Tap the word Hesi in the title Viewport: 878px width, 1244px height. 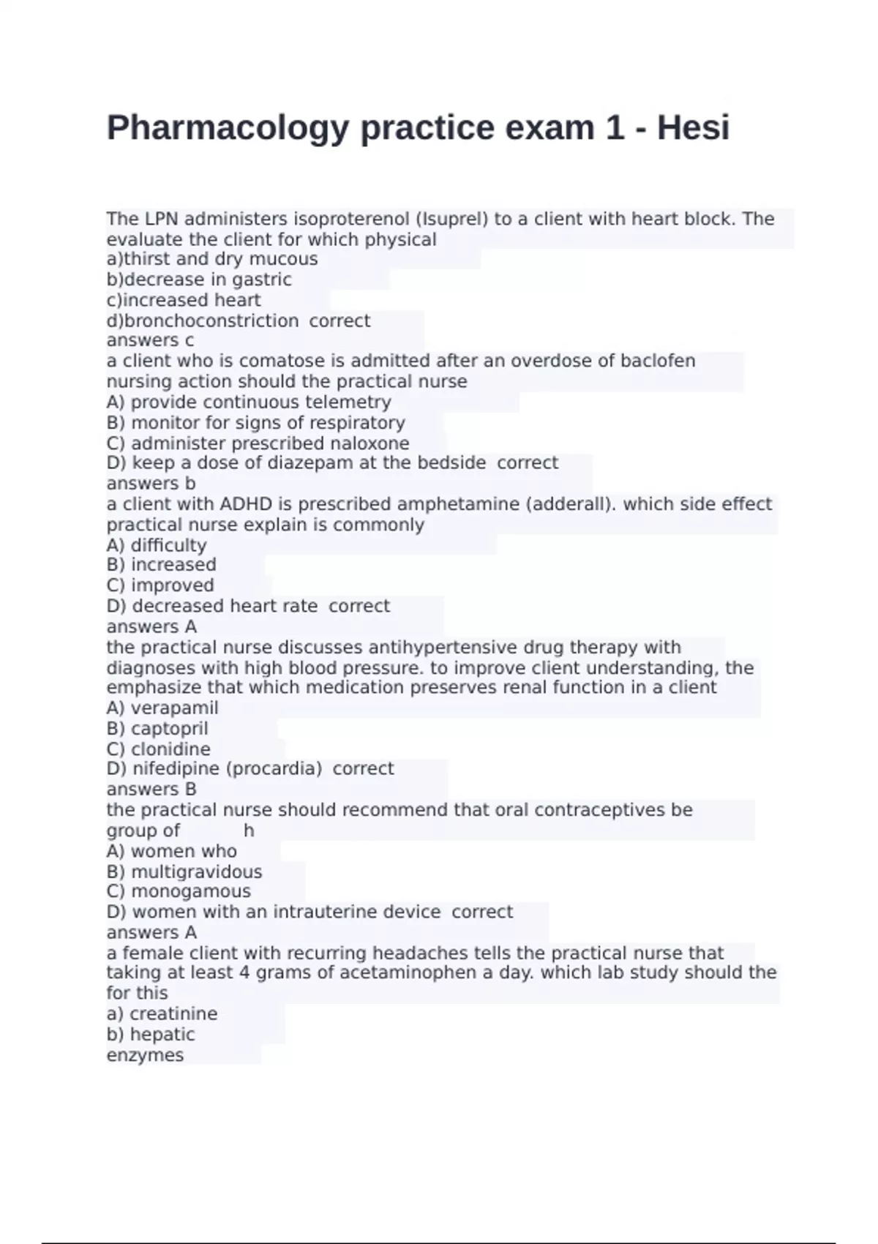coord(693,127)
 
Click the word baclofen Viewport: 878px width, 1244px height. coord(658,361)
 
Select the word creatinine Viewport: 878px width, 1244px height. coord(173,1013)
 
